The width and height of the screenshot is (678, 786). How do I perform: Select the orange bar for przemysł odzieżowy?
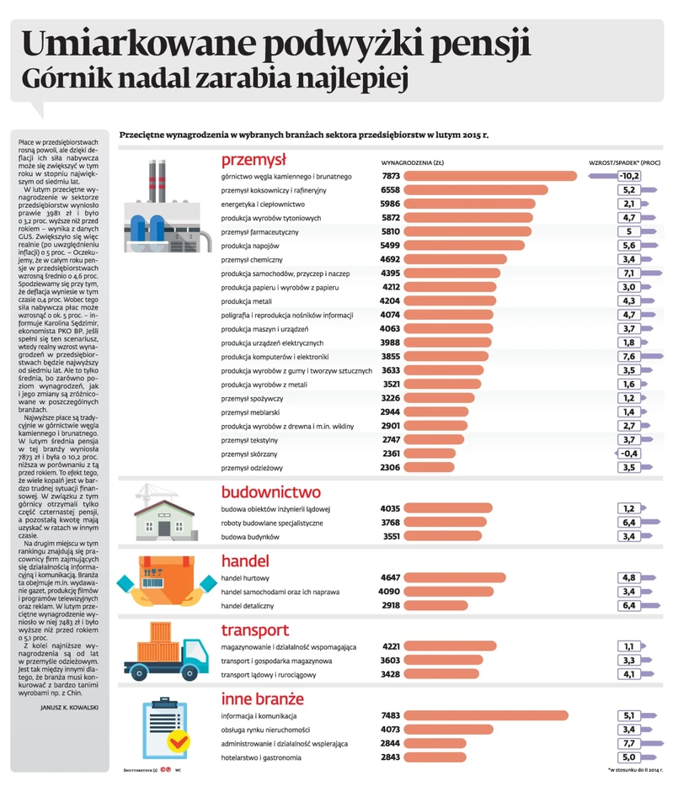[x=430, y=467]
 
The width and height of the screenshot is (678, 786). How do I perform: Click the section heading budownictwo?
[x=270, y=492]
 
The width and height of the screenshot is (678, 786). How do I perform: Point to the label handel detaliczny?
[x=251, y=605]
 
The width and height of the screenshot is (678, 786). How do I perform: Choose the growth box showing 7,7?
[x=627, y=743]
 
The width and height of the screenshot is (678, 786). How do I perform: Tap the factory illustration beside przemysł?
[x=168, y=210]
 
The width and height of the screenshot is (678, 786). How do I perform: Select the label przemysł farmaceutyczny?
[x=259, y=231]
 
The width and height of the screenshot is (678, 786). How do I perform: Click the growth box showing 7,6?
[x=627, y=356]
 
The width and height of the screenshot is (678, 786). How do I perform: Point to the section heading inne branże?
[x=262, y=698]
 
